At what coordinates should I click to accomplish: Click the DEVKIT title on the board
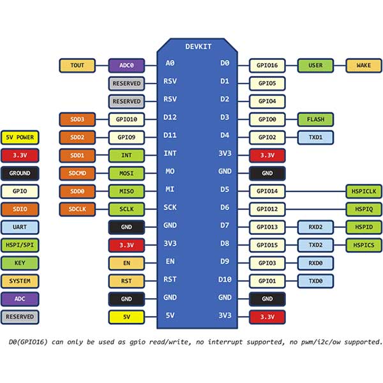coord(198,47)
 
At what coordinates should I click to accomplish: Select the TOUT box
coord(77,65)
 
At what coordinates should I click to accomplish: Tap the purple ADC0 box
coord(126,65)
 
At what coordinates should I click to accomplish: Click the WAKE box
coord(364,65)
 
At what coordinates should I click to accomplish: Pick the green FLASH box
coord(315,119)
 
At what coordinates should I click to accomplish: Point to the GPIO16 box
coord(266,65)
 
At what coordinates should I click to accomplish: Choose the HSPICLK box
coord(364,190)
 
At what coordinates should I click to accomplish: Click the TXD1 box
coord(315,137)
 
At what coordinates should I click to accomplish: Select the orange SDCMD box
coord(77,172)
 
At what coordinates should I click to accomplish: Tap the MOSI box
coord(126,172)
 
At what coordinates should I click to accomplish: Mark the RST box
coord(126,280)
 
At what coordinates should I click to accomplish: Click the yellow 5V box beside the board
coord(126,315)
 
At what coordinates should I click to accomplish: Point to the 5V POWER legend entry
coord(20,137)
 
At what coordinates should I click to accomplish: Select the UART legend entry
coord(20,226)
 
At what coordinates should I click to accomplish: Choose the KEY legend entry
coord(20,262)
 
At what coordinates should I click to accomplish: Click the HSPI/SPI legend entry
coord(20,244)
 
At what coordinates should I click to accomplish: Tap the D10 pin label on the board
coord(225,280)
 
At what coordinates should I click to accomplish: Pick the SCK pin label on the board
coord(170,208)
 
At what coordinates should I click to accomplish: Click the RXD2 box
coord(315,226)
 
